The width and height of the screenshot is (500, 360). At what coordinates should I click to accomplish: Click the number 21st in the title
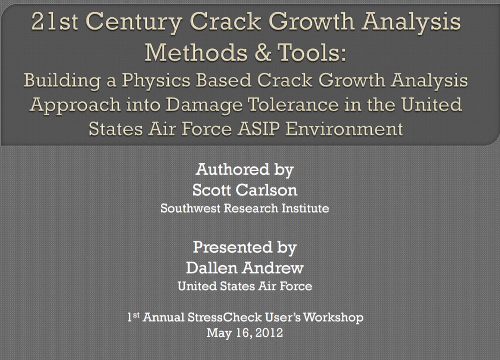pos(54,21)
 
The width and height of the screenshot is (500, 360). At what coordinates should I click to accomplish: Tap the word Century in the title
pos(133,23)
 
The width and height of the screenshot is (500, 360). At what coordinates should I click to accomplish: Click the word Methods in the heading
pos(196,52)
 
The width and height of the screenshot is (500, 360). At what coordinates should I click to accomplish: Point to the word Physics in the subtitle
pos(156,80)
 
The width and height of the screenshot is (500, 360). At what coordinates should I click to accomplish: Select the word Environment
pos(344,129)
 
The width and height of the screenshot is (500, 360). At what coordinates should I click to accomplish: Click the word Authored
pos(232,169)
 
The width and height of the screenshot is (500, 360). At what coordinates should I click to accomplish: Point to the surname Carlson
pos(266,190)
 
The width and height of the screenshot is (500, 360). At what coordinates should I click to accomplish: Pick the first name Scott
pos(212,190)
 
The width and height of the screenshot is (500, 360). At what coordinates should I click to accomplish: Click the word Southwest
pos(190,208)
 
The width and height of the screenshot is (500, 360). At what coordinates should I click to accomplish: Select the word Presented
pos(233,247)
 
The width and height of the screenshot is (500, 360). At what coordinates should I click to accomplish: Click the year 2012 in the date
pos(269,333)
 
